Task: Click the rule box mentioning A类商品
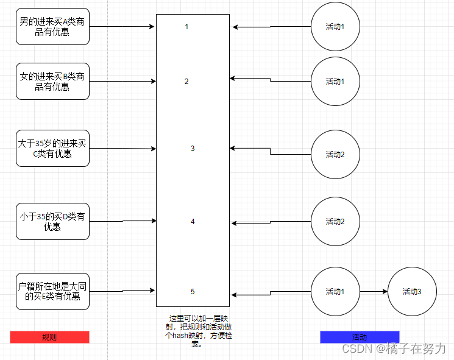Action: (x=52, y=27)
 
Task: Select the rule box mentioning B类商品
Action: (x=52, y=82)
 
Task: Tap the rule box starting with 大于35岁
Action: (x=52, y=148)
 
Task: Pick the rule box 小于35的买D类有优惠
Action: (x=52, y=221)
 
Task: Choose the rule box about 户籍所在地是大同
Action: (x=52, y=291)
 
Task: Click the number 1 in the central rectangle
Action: (x=187, y=27)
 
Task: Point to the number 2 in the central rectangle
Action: (x=187, y=82)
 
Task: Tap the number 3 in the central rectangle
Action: (x=193, y=148)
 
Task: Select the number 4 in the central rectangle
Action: (x=193, y=222)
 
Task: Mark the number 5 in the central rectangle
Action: (x=193, y=292)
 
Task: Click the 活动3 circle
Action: (x=411, y=292)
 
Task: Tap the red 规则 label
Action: (x=49, y=337)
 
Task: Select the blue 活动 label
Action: (x=360, y=337)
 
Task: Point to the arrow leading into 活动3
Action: (x=373, y=292)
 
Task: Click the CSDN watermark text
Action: (x=394, y=348)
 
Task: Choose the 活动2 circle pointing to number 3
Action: (x=335, y=154)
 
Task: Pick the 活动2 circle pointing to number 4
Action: (x=335, y=222)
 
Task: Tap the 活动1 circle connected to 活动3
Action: (x=335, y=292)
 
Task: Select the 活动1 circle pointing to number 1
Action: (x=335, y=27)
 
